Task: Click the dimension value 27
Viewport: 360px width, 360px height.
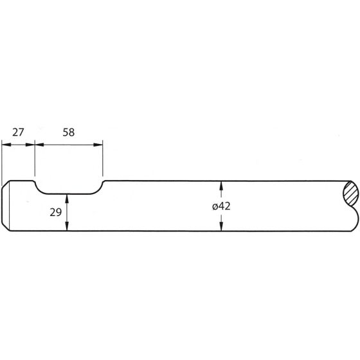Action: pos(18,132)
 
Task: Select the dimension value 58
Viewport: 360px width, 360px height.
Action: pos(68,132)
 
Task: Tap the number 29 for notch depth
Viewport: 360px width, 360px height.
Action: pos(55,212)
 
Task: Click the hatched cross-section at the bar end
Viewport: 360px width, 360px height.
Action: pos(350,192)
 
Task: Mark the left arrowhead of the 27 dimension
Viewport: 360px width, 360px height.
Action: pos(5,145)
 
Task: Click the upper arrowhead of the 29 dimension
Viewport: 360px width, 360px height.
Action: pos(67,197)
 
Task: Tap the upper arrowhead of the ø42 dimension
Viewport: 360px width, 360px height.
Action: pos(221,185)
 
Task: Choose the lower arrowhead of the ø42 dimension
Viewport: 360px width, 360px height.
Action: pos(221,228)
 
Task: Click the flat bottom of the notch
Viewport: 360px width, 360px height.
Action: pos(67,193)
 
